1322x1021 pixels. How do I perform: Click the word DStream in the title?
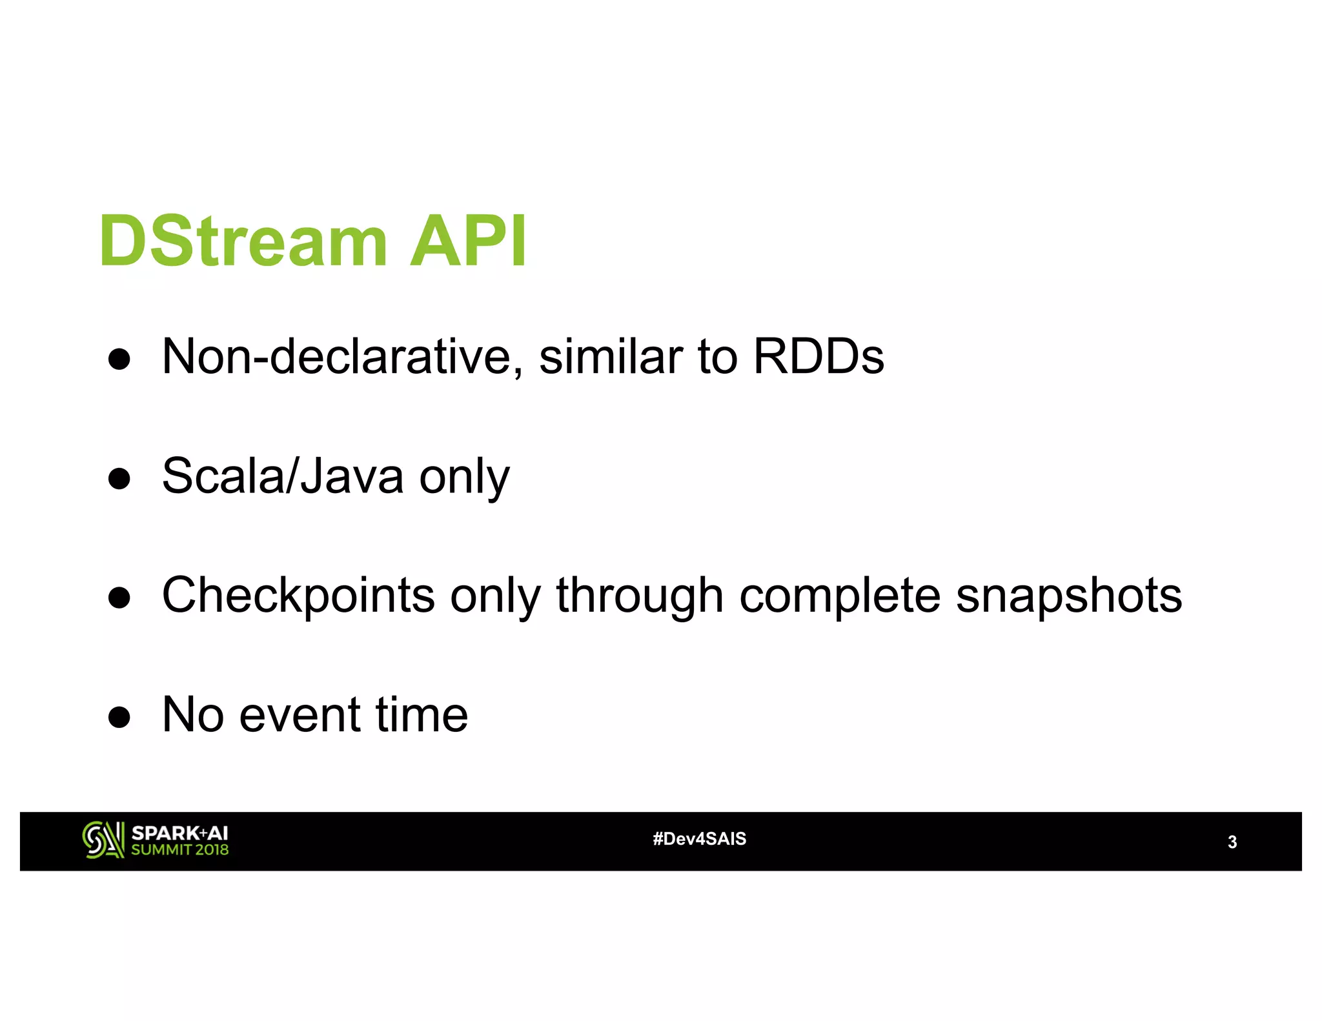tap(243, 241)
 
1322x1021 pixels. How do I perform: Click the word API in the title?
tap(469, 241)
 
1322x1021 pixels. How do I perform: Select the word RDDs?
tap(819, 357)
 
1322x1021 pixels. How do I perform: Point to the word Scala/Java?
tap(283, 476)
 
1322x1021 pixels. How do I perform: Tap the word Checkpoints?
tap(298, 596)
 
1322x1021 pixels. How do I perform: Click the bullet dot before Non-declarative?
tap(119, 359)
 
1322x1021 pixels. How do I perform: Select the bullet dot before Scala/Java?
tap(119, 478)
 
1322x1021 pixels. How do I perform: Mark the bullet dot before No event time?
tap(119, 717)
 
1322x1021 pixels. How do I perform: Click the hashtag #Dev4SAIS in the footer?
tap(699, 839)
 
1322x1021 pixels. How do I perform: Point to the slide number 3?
tap(1232, 842)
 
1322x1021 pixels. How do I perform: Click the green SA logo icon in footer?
tap(103, 840)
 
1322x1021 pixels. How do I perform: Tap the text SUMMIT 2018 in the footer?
tap(179, 850)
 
